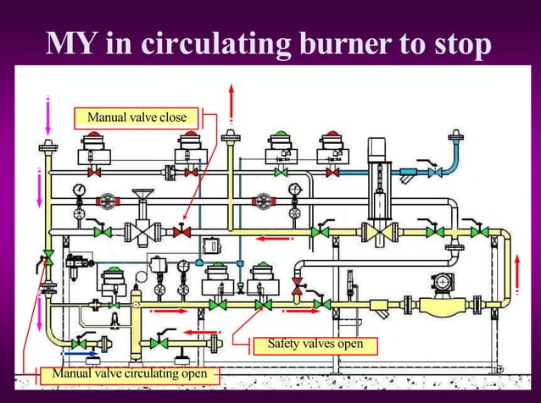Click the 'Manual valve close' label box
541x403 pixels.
coord(137,116)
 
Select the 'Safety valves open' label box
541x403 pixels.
coord(315,344)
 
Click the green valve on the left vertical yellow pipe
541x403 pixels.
coord(48,256)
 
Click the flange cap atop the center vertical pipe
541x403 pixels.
coord(229,138)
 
